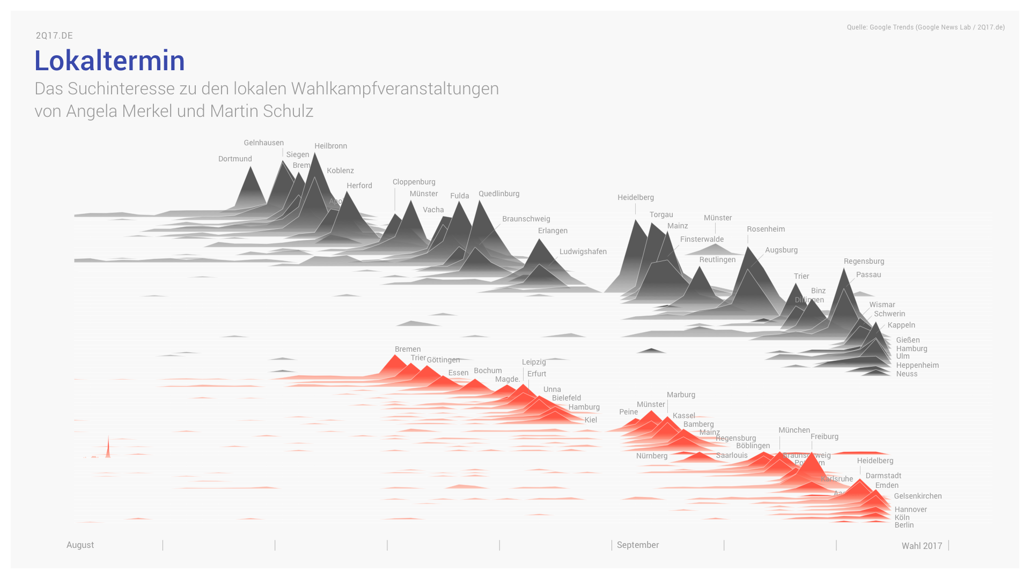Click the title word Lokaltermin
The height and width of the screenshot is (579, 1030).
tap(109, 61)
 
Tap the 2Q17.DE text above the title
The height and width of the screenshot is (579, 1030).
tap(54, 35)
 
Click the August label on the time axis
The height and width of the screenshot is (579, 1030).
tap(80, 545)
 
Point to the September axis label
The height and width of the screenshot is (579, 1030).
tap(637, 545)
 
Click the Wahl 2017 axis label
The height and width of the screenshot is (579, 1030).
tap(922, 546)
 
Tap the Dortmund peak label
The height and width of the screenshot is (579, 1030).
tap(235, 159)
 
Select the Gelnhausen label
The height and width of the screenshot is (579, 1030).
tap(263, 143)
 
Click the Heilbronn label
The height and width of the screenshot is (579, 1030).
tap(330, 146)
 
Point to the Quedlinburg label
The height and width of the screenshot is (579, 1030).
tap(499, 194)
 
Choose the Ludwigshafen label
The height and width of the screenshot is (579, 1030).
tap(583, 251)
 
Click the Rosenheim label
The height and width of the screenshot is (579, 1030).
tap(766, 229)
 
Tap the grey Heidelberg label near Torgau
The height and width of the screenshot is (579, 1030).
tap(635, 197)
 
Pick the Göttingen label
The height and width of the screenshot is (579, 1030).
tap(443, 360)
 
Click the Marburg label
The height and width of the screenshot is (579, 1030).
tap(681, 395)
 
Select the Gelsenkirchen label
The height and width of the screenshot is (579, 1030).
tap(917, 496)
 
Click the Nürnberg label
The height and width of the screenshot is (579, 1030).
tap(652, 456)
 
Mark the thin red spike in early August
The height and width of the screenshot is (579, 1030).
tap(108, 448)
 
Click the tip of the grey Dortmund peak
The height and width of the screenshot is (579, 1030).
tap(251, 167)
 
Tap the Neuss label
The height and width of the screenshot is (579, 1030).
tap(907, 374)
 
